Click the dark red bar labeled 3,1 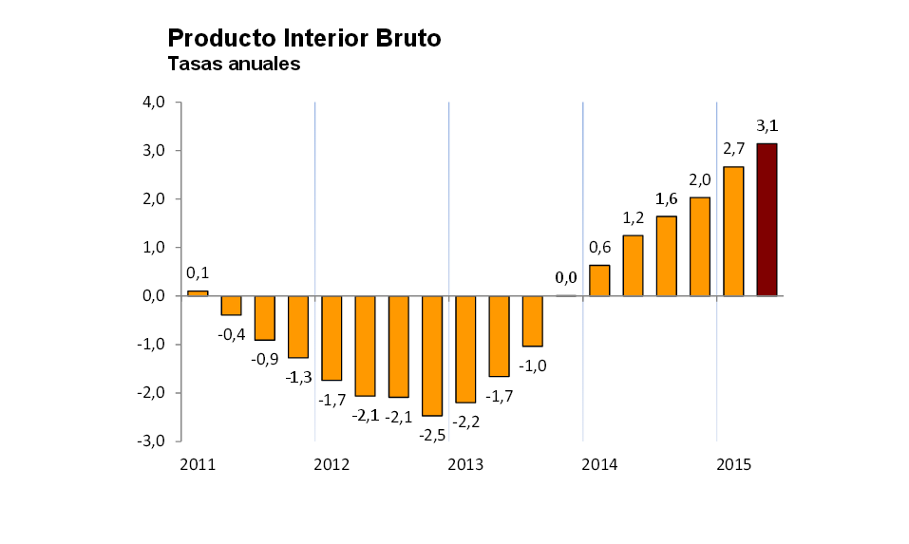(x=767, y=219)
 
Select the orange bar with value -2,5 (x=432, y=355)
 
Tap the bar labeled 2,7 (x=732, y=231)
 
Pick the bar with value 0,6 (x=599, y=280)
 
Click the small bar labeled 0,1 (x=198, y=292)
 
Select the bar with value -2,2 (x=465, y=348)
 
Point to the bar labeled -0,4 (x=231, y=305)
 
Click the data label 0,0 (x=566, y=277)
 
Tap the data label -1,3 (x=299, y=377)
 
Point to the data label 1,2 (x=633, y=217)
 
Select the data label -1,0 (x=533, y=366)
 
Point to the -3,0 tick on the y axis (x=153, y=441)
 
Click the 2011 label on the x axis (x=198, y=464)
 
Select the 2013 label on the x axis (x=465, y=464)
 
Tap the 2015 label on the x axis (x=734, y=464)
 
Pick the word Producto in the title (x=220, y=38)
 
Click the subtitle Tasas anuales (x=234, y=65)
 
